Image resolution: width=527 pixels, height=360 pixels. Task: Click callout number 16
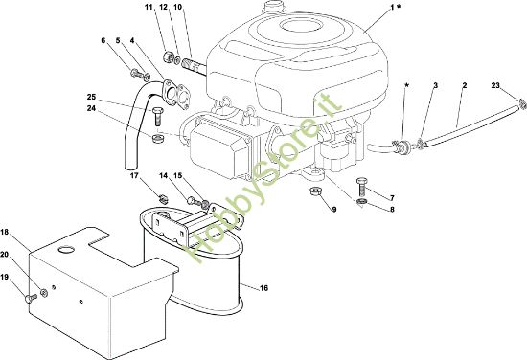tap(264, 288)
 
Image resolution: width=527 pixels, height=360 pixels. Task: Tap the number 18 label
tap(5, 232)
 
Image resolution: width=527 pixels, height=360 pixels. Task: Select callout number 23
tap(495, 85)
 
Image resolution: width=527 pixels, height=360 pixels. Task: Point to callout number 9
tap(333, 210)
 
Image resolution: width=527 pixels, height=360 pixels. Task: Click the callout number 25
tap(91, 97)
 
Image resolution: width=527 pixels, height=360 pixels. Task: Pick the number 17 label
tap(134, 175)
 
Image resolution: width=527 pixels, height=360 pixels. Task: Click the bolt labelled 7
tap(361, 188)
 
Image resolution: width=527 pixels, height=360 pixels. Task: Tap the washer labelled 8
tap(361, 202)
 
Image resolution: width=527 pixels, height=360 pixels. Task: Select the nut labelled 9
tap(315, 192)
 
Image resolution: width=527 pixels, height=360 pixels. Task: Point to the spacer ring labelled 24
tap(157, 138)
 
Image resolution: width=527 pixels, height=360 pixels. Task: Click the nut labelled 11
tap(168, 56)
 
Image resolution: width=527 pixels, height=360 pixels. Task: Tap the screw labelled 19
tap(31, 298)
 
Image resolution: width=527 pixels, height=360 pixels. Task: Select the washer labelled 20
tap(44, 293)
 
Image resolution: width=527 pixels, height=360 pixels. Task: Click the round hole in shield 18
tap(66, 250)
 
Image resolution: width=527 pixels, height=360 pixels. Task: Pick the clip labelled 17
tap(163, 199)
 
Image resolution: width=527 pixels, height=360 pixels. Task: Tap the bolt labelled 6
tap(136, 73)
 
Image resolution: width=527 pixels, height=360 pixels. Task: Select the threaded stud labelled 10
tap(194, 66)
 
